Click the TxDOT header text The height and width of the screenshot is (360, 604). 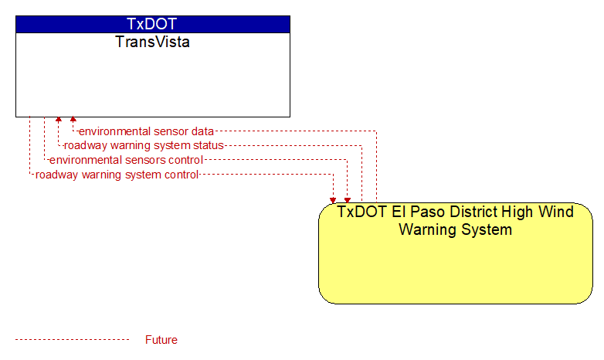pos(152,24)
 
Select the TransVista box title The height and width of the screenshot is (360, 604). pos(152,42)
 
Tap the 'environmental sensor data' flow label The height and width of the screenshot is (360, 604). pos(146,131)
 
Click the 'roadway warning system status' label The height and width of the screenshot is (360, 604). pos(144,145)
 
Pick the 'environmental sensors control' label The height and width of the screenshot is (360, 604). pos(126,160)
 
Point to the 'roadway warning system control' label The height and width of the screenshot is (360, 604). pos(117,175)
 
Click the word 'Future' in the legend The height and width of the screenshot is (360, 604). pos(161,340)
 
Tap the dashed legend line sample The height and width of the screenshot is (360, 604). pos(72,340)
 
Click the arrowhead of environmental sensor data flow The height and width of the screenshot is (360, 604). pos(73,120)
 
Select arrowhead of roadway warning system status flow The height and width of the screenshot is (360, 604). pos(58,120)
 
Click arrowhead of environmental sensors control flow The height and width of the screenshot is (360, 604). pos(348,199)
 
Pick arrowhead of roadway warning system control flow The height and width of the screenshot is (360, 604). pos(333,199)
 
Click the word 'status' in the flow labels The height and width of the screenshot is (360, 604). pos(209,145)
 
